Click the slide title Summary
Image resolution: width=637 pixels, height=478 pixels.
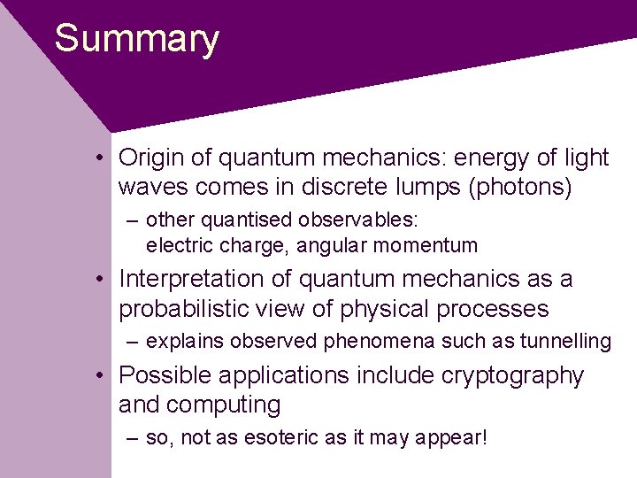pos(136,40)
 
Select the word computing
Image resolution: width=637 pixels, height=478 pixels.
pos(224,405)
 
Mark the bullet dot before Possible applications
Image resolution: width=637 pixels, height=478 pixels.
pos(104,376)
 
